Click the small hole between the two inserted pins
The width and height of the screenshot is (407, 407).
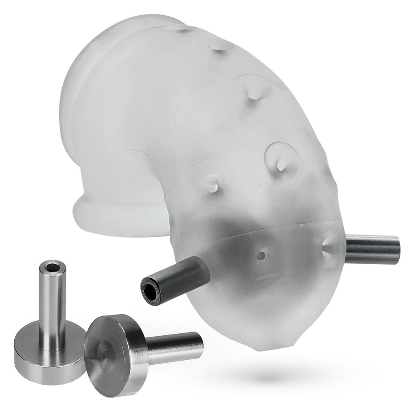[x=261, y=256]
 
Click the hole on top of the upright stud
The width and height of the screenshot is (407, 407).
[x=53, y=267]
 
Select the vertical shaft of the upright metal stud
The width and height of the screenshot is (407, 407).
[x=53, y=305]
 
